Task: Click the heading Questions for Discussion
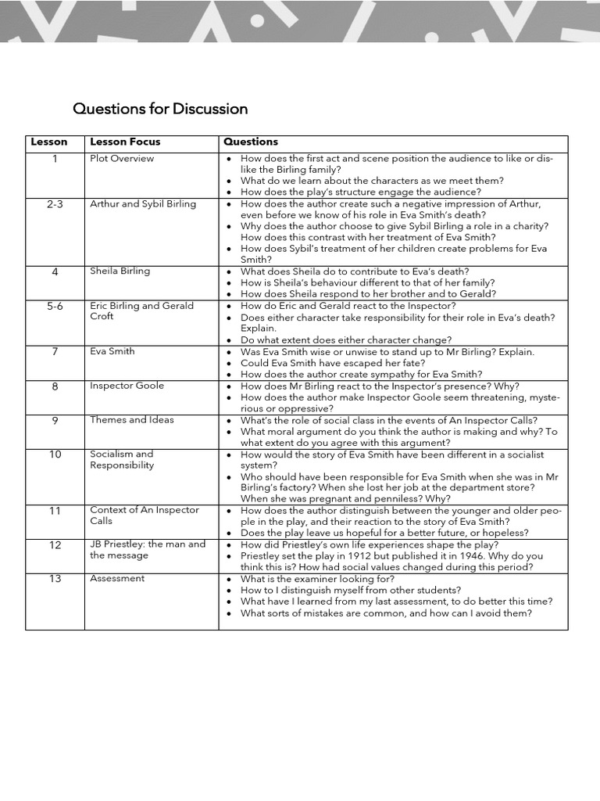point(160,109)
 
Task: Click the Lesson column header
point(49,142)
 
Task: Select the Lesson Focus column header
point(125,142)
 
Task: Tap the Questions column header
point(251,142)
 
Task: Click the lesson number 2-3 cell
point(55,204)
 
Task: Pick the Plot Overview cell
point(122,159)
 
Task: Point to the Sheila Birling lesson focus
point(120,271)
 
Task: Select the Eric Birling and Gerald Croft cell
point(141,311)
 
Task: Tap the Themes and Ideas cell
point(132,420)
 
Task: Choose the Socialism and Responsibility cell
point(122,460)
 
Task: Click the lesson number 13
point(55,579)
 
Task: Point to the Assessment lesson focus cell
point(117,579)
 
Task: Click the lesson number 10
point(55,454)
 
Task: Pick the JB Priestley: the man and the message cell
point(148,550)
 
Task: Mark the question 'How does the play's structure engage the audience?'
point(361,192)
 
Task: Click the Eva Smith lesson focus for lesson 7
point(112,352)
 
